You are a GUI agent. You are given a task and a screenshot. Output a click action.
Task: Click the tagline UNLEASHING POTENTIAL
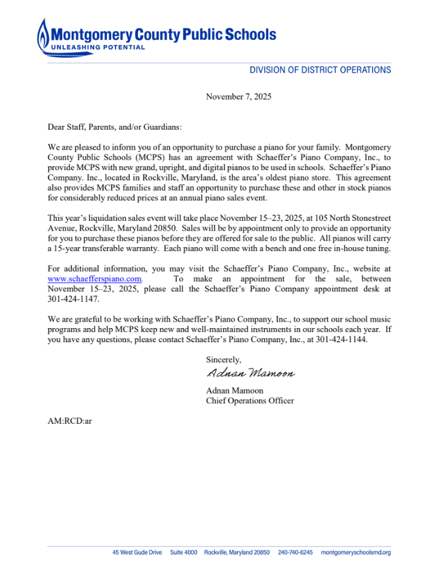coord(98,48)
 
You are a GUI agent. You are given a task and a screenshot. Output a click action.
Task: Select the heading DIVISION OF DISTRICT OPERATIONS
coord(320,70)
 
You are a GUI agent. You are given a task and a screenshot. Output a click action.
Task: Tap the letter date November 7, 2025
coord(239,97)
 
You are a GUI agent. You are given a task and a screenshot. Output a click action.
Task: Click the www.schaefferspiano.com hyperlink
coord(94,279)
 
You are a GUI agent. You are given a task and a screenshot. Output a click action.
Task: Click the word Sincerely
coord(224,360)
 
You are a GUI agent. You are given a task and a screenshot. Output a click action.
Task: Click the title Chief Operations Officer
coord(250,401)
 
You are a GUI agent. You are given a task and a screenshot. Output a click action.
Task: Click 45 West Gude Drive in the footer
coord(137,553)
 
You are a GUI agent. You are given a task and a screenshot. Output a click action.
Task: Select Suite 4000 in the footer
coord(183,553)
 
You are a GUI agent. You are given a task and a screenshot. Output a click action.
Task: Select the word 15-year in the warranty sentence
coord(67,248)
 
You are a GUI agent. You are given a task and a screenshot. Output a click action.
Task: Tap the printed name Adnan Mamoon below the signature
coord(235,390)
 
